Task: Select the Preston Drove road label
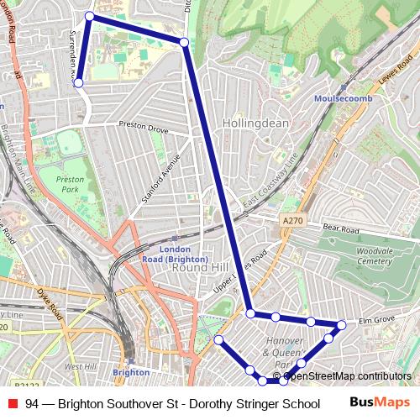pos(145,130)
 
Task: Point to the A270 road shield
pos(291,220)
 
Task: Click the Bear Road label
pos(341,228)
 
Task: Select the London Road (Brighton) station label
pos(185,254)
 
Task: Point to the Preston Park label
pos(70,184)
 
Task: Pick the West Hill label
pos(80,367)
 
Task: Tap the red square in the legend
pos(12,404)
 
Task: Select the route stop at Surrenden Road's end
pos(78,83)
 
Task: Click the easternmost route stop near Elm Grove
pos(341,324)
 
